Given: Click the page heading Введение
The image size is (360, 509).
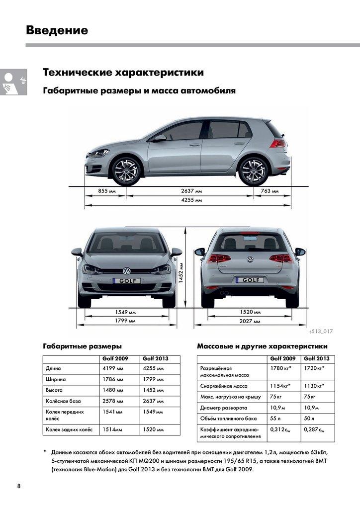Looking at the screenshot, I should click(57, 30).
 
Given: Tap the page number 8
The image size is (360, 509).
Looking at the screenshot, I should click(19, 486).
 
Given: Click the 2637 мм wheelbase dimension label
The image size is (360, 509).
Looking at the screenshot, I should click(191, 191).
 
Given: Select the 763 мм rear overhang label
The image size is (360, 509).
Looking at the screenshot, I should click(269, 191).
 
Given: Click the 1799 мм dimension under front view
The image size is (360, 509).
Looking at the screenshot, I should click(125, 321).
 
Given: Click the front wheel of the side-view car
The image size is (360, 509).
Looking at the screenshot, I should click(126, 170).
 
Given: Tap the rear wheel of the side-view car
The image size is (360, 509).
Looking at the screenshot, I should click(254, 170).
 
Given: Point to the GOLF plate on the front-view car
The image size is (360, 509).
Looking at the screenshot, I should click(127, 281).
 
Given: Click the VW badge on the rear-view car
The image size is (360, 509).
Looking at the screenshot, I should click(250, 259).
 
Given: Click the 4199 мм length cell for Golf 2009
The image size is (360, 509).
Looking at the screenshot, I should click(113, 368).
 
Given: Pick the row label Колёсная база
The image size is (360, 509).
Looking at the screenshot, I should click(63, 401).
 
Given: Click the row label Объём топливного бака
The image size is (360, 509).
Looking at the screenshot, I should click(229, 419).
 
